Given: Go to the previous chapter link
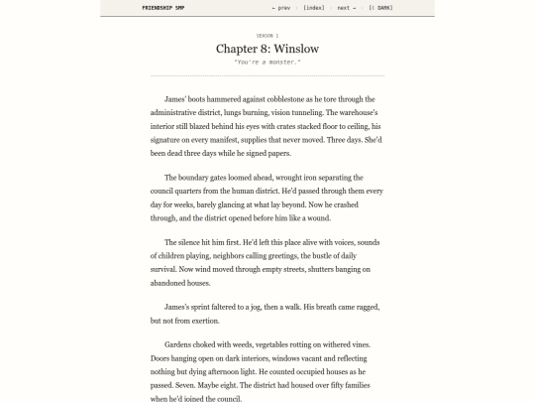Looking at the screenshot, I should [281, 7].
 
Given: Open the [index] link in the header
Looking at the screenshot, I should [314, 7].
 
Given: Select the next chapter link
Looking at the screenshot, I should [346, 7].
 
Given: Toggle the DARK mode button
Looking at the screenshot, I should [380, 7].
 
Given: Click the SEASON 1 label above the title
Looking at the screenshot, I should [267, 35].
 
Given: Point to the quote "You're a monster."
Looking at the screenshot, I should [267, 62].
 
